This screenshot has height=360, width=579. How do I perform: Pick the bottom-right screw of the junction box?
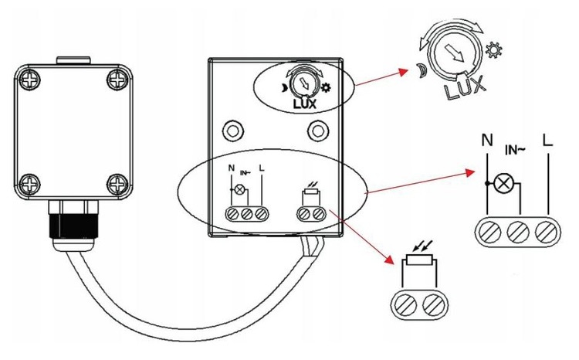[116, 183]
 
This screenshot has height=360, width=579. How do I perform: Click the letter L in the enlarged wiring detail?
[548, 141]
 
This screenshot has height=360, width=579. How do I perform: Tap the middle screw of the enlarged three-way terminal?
[516, 231]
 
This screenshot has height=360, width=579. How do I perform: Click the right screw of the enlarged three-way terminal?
[546, 231]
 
